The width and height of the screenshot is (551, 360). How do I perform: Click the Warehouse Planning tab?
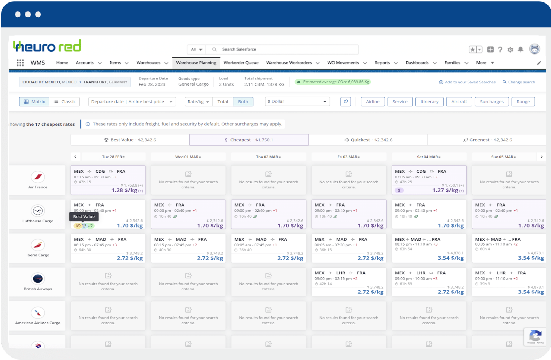point(196,63)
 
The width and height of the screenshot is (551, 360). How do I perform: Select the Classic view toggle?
point(65,102)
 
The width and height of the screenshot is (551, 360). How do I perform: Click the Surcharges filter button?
point(491,102)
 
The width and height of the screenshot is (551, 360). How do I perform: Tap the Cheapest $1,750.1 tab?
point(249,140)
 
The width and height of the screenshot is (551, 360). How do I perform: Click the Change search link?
point(519,82)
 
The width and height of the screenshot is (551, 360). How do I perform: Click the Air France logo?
point(38,177)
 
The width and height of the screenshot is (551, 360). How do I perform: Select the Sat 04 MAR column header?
point(429,157)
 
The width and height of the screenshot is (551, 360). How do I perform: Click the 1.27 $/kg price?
point(445,190)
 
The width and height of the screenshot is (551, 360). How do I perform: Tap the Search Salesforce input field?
point(284,49)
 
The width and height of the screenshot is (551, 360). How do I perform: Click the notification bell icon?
point(520,49)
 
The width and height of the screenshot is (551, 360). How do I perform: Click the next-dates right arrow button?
point(541,157)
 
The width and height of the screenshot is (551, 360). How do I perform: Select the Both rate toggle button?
point(243,102)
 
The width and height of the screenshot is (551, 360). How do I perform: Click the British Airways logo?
point(38,279)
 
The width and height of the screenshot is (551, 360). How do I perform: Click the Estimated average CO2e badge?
point(333,82)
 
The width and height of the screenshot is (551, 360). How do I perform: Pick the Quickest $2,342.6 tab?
point(368,140)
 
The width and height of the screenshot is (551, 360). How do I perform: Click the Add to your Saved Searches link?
point(467,82)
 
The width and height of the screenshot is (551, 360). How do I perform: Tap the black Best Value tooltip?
point(84,216)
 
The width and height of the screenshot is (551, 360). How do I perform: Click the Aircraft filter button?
point(459,102)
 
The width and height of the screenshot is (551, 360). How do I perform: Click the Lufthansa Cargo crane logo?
point(38,211)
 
